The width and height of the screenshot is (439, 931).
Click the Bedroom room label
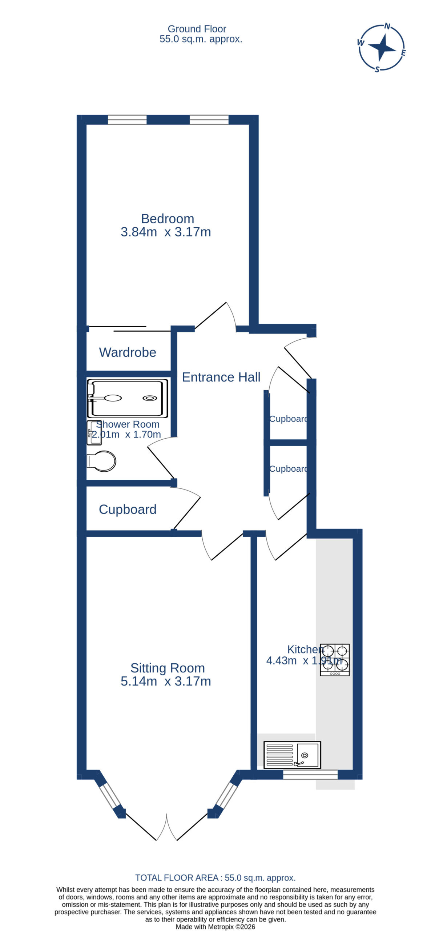168,219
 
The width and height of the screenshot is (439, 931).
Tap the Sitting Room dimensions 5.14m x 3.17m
166,681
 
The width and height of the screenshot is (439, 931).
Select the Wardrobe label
128,352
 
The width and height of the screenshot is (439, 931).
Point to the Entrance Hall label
221,377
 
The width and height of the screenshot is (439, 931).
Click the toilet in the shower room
101,461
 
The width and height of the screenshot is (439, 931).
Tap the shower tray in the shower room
128,398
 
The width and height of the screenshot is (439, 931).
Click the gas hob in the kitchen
334,660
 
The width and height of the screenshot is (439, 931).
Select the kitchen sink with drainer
292,755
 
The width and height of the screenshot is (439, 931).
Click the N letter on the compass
387,26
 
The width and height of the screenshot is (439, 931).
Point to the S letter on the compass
377,69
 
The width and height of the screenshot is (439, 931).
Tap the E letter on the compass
403,53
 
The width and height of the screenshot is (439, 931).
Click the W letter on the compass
361,43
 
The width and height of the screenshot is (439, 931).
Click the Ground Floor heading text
197,29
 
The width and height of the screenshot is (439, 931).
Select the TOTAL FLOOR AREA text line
216,878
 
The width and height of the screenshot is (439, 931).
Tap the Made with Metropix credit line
216,927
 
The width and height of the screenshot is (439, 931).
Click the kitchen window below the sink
310,775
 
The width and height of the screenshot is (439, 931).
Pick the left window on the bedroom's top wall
127,120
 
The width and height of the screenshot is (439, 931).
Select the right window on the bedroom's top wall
209,120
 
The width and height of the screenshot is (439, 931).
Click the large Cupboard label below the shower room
128,509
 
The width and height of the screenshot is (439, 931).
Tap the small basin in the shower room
94,433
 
